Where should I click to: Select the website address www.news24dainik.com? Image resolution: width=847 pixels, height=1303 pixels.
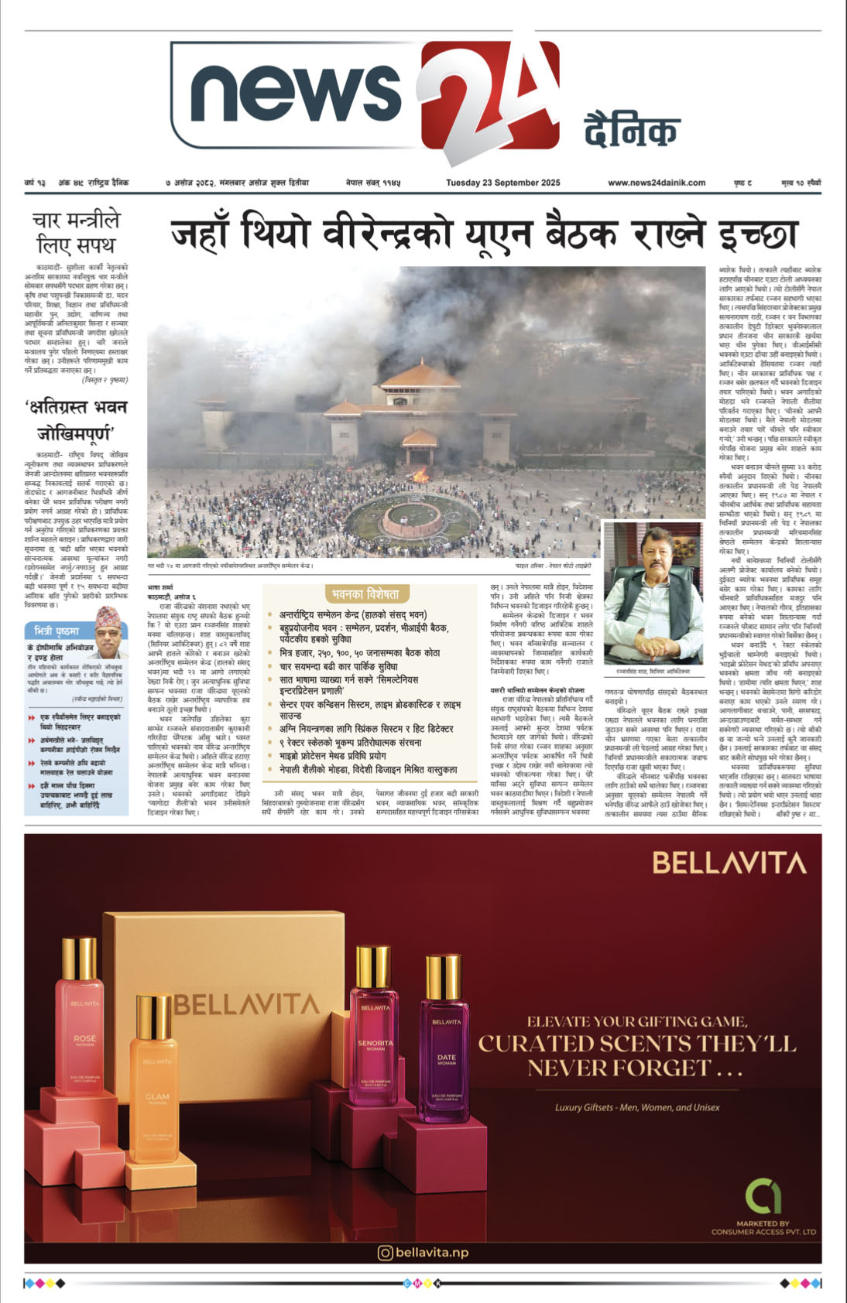tap(657, 183)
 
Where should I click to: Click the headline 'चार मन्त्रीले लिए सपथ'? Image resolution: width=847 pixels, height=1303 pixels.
tap(76, 233)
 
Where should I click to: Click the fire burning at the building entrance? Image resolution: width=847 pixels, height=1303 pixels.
tap(422, 474)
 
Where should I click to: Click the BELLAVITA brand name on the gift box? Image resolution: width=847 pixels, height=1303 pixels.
tap(246, 1004)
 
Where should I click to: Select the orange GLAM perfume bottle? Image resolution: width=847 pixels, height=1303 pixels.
tap(157, 1083)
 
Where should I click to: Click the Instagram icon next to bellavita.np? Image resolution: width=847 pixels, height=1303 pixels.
tap(385, 1252)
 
